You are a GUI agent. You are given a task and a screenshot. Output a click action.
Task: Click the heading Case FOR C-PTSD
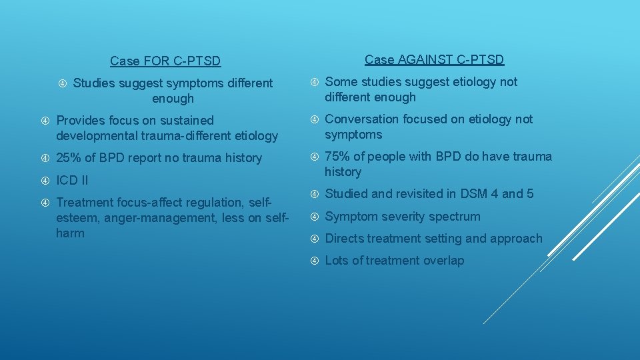point(165,61)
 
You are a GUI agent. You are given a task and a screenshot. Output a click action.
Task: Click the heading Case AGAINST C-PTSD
point(434,59)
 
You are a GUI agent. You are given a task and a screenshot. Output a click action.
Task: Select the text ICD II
point(72,180)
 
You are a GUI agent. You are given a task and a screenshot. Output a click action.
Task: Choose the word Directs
point(344,239)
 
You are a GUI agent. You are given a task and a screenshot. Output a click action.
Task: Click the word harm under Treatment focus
point(71,233)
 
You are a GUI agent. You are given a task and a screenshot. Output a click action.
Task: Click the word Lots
point(337,261)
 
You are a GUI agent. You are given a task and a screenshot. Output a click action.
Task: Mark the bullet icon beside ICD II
point(45,181)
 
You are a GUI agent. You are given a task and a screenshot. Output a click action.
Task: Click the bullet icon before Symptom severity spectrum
point(314,217)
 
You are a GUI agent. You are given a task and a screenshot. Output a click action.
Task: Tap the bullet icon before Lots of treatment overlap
point(314,261)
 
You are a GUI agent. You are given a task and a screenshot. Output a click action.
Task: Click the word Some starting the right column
point(341,82)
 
